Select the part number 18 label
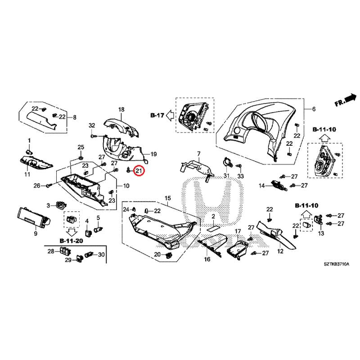[121, 110]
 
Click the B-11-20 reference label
[71, 241]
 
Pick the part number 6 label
[314, 109]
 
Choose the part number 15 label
[168, 198]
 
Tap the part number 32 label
[92, 125]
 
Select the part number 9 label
[36, 234]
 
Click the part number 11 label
[27, 174]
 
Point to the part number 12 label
[280, 251]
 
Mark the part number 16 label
[207, 260]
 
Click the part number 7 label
[198, 154]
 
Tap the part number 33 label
[240, 175]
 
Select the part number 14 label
[261, 185]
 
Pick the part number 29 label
[68, 260]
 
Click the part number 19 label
[153, 154]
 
